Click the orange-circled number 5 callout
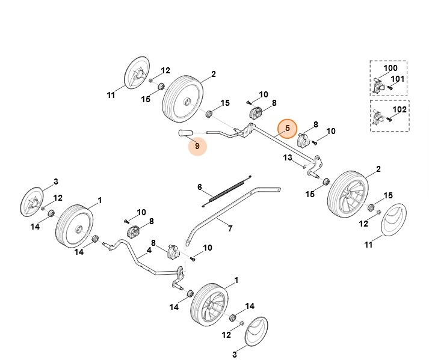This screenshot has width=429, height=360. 288,128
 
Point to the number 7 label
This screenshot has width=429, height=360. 230,228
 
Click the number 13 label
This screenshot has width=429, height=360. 288,158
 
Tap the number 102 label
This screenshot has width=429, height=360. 400,109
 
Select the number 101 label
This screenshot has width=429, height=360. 398,79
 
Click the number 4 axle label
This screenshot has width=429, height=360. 149,249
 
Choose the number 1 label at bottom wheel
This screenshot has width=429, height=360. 236,280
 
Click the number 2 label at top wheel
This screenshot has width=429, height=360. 213,75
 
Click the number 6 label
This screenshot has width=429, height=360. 200,188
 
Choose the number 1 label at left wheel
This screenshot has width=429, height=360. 99,200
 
